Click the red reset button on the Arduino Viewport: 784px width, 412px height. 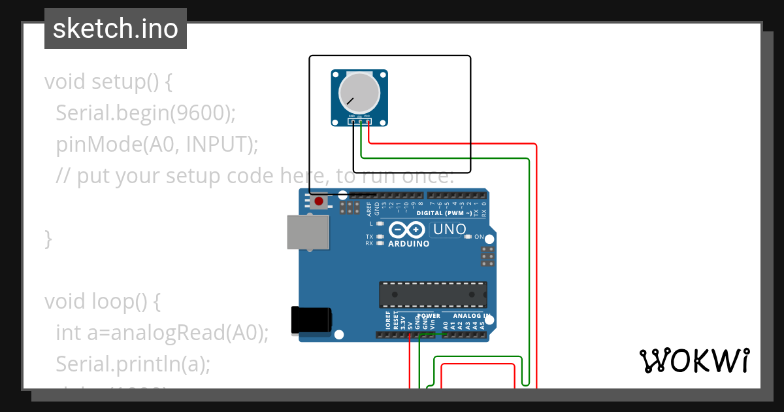tap(319, 201)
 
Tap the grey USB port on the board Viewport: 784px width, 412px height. tap(308, 232)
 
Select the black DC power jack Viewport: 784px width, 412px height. tap(311, 319)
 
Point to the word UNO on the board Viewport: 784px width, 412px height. tap(449, 230)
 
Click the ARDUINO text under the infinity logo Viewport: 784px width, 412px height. tap(409, 244)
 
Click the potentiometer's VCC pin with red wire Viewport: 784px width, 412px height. tap(367, 121)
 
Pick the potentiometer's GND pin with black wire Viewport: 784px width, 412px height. tap(352, 121)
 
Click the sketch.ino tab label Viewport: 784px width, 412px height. tap(116, 29)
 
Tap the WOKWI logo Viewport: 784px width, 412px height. tap(694, 361)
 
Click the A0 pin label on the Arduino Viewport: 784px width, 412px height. tap(446, 324)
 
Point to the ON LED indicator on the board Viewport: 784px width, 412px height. tap(468, 237)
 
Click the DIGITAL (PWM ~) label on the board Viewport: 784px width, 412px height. tap(444, 213)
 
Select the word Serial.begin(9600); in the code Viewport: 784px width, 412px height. tap(145, 113)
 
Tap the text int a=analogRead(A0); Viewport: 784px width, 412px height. tap(162, 333)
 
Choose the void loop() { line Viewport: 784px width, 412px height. tap(102, 301)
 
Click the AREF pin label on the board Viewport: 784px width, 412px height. tap(369, 209)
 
